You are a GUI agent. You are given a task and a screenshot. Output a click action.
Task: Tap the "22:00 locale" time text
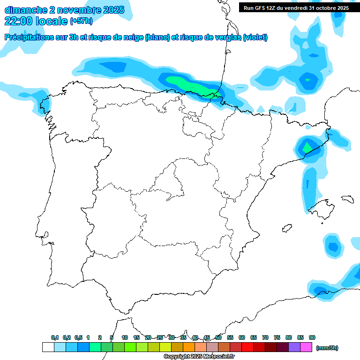point(36,21)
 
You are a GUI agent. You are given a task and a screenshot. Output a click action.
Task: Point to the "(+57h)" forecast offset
point(81,21)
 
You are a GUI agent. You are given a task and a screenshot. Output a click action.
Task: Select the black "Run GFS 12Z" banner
point(296,7)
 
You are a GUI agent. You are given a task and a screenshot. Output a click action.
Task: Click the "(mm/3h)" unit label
point(327,348)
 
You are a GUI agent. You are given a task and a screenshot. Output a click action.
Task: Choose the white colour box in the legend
point(48,347)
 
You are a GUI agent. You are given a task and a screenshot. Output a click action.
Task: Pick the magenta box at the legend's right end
point(306,347)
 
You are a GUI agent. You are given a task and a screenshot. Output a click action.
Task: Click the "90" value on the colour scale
point(312,337)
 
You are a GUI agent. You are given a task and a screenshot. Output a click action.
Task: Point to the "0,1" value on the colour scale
point(55,337)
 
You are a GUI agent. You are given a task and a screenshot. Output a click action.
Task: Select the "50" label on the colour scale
point(218,337)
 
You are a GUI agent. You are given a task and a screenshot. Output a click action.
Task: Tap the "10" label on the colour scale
point(125,337)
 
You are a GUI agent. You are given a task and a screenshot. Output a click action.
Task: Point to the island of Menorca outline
point(347,199)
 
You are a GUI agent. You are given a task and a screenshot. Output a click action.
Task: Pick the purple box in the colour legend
point(294,347)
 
